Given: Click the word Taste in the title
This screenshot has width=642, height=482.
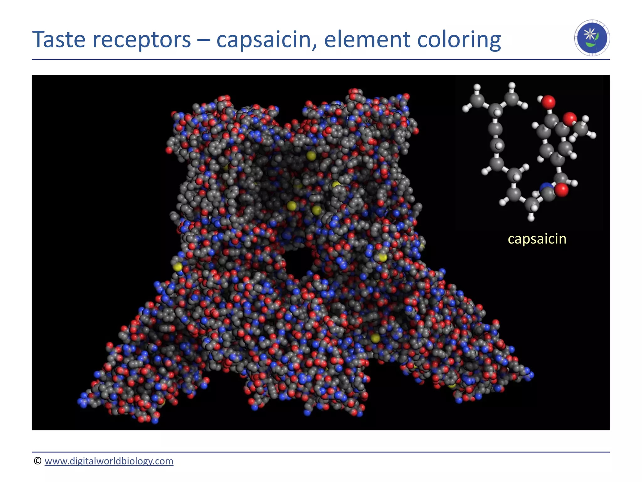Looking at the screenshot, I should point(59,40).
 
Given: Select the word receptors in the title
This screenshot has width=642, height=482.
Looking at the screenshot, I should point(142,40).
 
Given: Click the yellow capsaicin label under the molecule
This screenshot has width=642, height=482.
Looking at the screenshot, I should point(537,239).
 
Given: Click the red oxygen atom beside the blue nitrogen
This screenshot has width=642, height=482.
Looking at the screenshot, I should point(561,190).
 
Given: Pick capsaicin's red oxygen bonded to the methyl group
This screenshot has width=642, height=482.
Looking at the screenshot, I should point(569,119).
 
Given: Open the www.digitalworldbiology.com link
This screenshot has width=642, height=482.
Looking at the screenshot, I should point(109,461).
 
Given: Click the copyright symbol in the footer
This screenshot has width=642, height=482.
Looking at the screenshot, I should point(38,461).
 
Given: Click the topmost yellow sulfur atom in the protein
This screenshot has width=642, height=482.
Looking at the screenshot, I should point(311,155).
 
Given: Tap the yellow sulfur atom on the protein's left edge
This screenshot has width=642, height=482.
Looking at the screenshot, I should point(178,267).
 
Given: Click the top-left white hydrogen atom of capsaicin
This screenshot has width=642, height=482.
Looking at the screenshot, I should point(477,87).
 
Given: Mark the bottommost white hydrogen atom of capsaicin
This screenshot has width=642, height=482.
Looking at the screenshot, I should point(531,217).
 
